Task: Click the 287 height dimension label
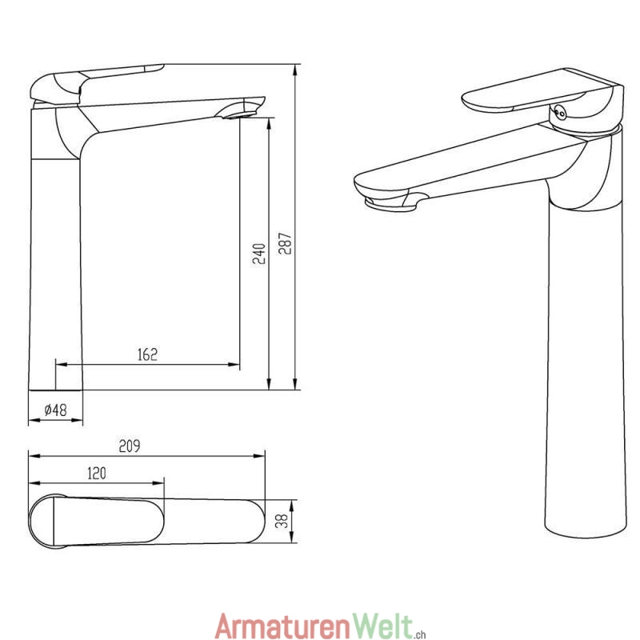pos(286,244)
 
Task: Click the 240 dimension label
pos(259,254)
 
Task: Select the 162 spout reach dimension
pos(147,354)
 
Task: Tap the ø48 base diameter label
pos(55,410)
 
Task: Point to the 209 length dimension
pos(130,446)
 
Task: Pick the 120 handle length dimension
pos(97,474)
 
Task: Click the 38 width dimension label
pos(282,521)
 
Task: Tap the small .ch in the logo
pos(419,634)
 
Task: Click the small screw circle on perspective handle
pos(561,113)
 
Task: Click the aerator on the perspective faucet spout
pos(390,203)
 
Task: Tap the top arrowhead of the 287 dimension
pos(295,70)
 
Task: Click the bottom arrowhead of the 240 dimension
pos(269,384)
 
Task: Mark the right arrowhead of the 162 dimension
pos(234,365)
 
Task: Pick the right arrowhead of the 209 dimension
pos(258,455)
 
